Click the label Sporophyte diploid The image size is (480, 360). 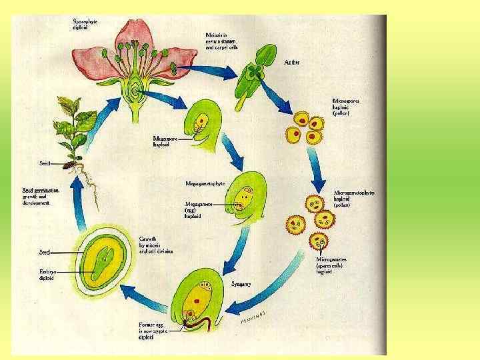85,24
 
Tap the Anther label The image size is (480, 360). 292,61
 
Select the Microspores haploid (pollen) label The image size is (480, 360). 349,106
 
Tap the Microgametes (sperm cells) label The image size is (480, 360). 333,265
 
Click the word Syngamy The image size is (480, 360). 241,284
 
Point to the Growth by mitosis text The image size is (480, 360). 155,245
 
